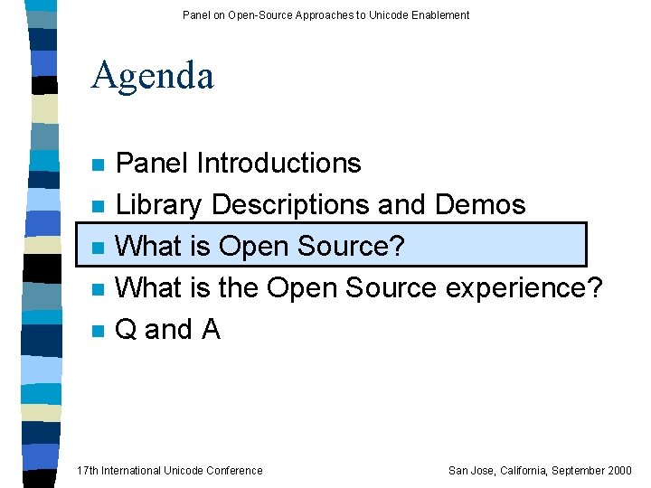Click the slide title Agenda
coord(152,76)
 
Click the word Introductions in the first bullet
coord(279,164)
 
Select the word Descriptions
coord(289,205)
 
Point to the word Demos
coord(480,205)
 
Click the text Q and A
coord(168,330)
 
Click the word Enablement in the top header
coord(439,14)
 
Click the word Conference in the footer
coord(233,470)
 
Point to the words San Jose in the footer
coord(470,470)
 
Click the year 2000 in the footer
coord(619,470)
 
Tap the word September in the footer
coord(576,470)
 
